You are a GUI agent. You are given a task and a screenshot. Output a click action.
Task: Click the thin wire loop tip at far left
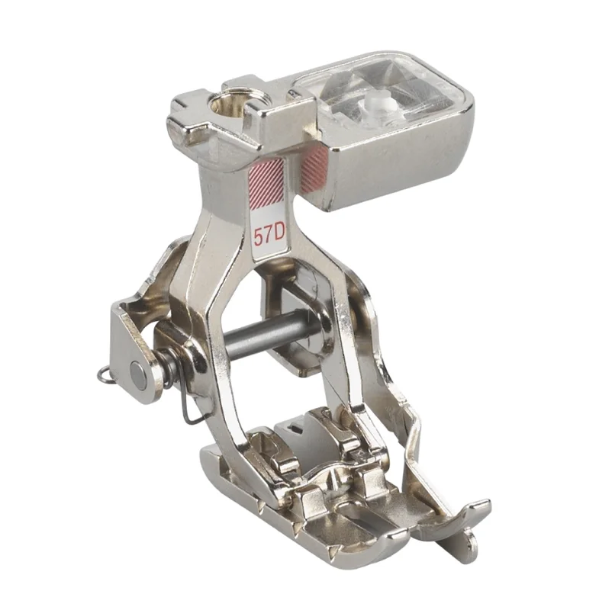tap(102, 374)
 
